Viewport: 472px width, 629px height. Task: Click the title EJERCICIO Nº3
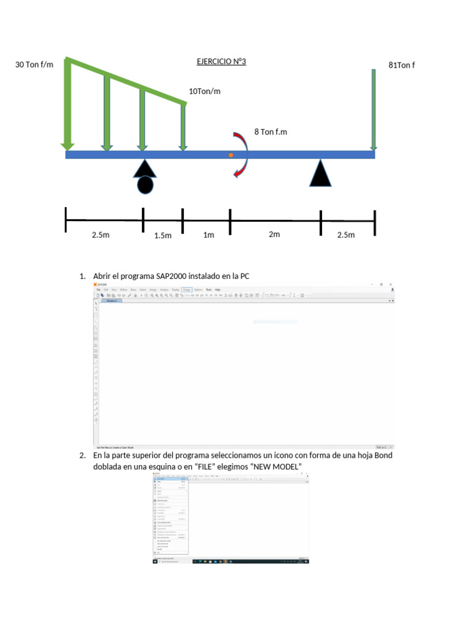221,62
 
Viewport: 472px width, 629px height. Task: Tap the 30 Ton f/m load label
34,65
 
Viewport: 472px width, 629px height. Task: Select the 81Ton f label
402,65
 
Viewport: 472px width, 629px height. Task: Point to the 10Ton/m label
205,91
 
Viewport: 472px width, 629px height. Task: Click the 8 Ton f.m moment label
271,131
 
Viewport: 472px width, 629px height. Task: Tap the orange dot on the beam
231,155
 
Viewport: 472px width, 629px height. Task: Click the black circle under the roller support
145,184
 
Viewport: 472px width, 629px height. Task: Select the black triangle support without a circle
321,174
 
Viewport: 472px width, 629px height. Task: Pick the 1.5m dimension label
163,235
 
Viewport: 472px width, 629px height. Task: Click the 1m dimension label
208,235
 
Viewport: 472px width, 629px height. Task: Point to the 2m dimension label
274,234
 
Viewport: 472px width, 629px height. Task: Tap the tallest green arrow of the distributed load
68,104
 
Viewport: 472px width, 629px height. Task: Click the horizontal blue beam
277,155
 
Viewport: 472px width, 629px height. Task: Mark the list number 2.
82,456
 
